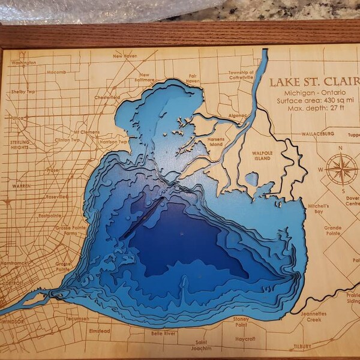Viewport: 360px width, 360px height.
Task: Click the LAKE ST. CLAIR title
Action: tap(311, 83)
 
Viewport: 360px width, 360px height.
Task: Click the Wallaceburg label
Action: tap(322, 134)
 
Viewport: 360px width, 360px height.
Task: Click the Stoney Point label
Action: tap(241, 322)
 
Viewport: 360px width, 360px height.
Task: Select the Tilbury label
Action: tap(302, 347)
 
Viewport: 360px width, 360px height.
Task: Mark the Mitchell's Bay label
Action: tap(316, 209)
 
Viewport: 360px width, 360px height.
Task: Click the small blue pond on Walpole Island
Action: tap(251, 178)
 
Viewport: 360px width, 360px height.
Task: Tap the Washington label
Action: tap(23, 62)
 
